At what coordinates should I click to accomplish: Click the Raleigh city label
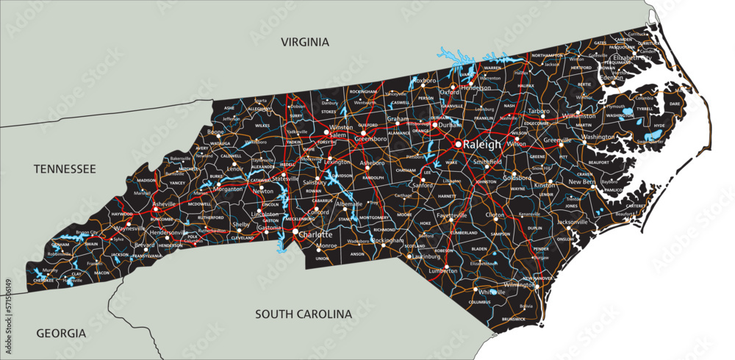point(482,145)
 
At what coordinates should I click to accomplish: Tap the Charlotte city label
point(317,235)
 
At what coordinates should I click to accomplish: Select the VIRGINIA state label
point(304,42)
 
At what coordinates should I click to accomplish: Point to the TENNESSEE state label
point(65,169)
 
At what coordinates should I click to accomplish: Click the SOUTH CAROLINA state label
point(304,314)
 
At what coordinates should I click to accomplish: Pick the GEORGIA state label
point(61,333)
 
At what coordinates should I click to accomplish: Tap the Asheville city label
point(165,204)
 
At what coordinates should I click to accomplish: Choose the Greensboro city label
point(371,137)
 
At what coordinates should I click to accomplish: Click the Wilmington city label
point(520,284)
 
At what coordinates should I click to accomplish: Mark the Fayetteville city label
point(452,216)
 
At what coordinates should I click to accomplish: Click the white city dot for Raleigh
point(458,144)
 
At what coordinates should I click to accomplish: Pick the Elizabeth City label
point(632,57)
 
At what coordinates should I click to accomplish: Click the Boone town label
point(215,132)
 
